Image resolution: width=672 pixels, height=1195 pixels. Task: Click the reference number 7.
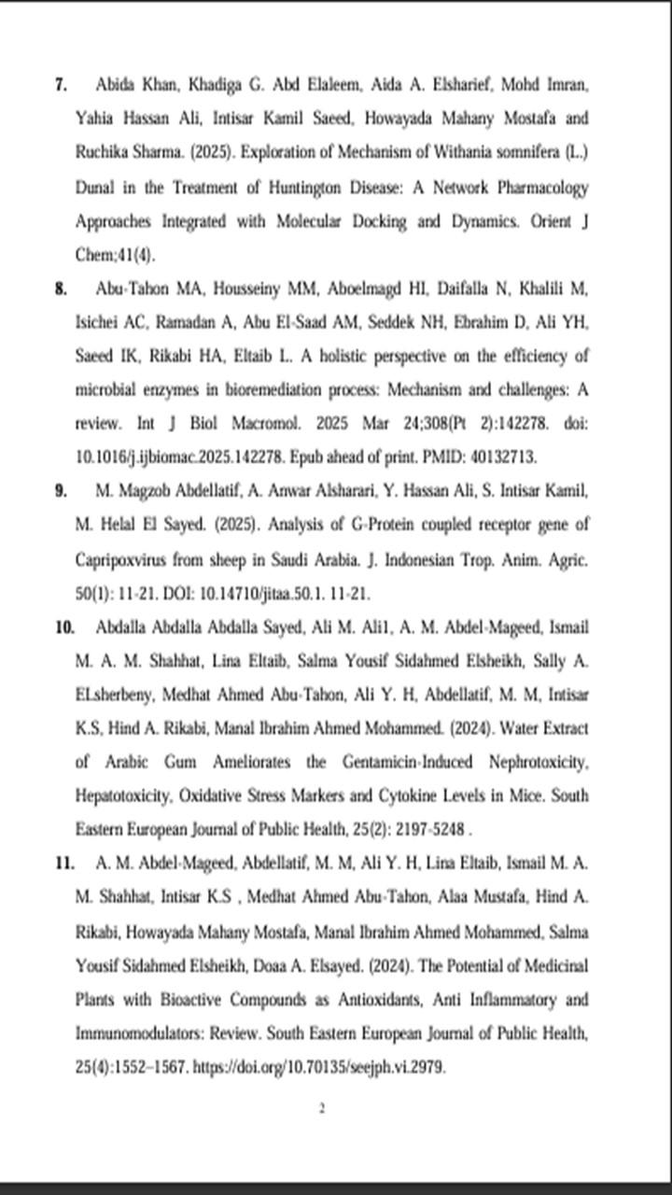(61, 85)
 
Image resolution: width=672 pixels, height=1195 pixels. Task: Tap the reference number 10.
(64, 626)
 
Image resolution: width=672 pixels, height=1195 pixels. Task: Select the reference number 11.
(64, 864)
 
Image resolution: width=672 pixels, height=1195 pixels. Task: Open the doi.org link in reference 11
(318, 1067)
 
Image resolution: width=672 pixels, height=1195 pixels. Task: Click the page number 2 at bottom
(321, 1109)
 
